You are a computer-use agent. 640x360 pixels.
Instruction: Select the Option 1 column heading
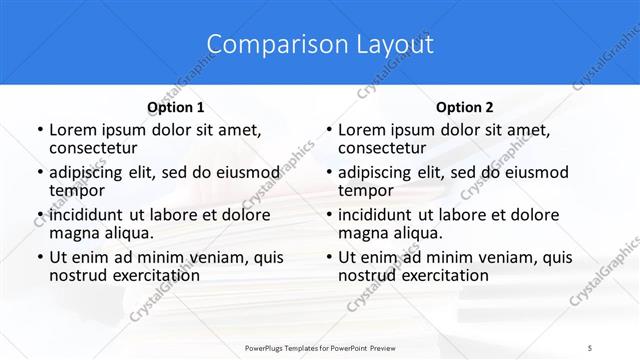[x=176, y=107]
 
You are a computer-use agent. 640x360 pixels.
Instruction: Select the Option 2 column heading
[x=465, y=107]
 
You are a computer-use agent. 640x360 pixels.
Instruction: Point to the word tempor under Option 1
[x=76, y=190]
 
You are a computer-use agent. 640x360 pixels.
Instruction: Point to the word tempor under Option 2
[x=365, y=190]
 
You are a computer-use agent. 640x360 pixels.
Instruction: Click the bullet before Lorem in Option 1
[x=38, y=130]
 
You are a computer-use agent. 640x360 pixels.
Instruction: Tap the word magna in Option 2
[x=363, y=233]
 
